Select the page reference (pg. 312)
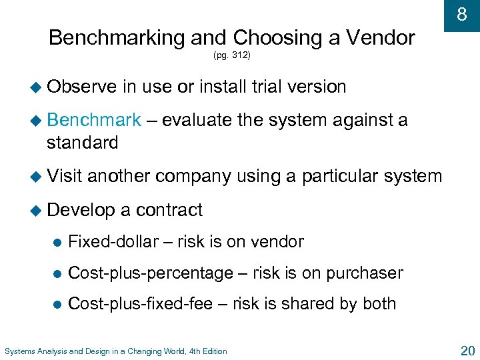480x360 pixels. pos(232,56)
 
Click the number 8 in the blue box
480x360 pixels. pos(461,13)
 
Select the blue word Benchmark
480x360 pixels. pos(94,120)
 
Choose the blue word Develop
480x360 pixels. pos(81,210)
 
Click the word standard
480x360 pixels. pos(82,142)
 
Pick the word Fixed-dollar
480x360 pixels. pos(113,242)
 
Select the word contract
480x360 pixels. pos(169,210)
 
